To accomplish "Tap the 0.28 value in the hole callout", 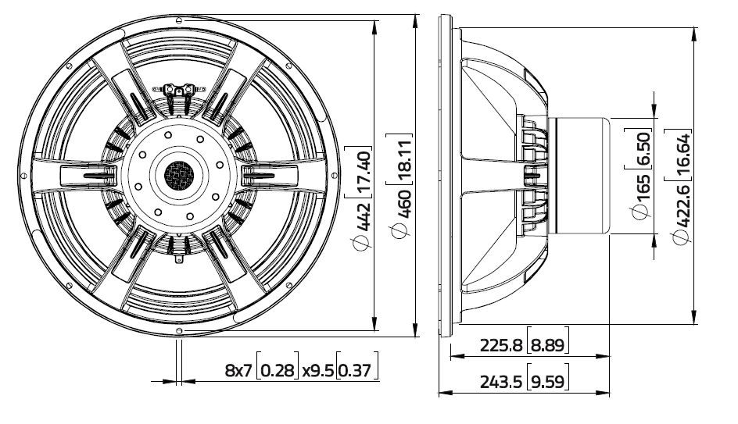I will (x=279, y=372).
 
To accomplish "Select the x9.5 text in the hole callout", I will (x=318, y=372).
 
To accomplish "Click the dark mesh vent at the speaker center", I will (x=179, y=175).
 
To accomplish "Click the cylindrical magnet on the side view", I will (x=579, y=176).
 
